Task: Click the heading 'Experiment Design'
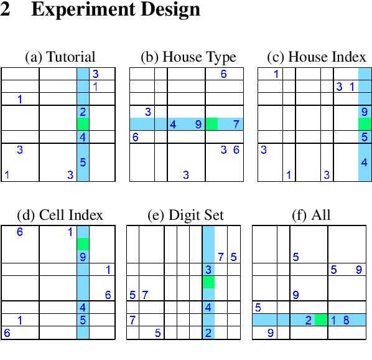click(x=115, y=11)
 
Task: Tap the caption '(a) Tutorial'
click(x=60, y=57)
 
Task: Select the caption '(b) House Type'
click(x=188, y=57)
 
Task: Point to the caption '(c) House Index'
click(x=316, y=57)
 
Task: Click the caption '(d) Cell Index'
click(x=60, y=216)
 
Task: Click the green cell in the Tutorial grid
click(x=83, y=124)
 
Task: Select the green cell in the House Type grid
click(x=212, y=124)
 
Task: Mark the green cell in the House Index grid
click(x=365, y=124)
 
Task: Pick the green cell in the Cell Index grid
click(x=83, y=244)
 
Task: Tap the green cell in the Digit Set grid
click(x=208, y=282)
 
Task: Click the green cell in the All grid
click(x=321, y=320)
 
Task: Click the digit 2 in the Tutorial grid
click(x=83, y=112)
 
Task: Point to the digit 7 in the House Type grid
click(x=236, y=124)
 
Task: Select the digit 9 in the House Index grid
click(x=364, y=112)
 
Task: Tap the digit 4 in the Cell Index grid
click(x=83, y=307)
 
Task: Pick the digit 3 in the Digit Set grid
click(x=208, y=270)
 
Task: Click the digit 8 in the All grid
click(x=346, y=320)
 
